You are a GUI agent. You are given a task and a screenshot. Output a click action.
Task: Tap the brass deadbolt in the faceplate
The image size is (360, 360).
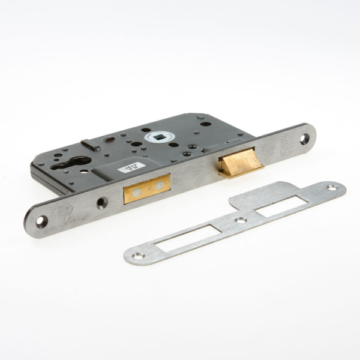tap(146, 189)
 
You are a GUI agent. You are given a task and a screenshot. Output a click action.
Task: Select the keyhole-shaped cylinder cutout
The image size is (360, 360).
tap(73, 163)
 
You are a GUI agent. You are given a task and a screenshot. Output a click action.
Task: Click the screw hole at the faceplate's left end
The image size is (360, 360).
tap(41, 221)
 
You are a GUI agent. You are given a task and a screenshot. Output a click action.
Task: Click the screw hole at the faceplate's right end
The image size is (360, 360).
tap(304, 139)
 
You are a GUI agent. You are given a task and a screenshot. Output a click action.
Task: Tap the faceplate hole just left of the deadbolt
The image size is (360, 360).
tap(102, 202)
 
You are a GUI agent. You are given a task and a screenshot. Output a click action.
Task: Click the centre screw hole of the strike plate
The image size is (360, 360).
tap(241, 221)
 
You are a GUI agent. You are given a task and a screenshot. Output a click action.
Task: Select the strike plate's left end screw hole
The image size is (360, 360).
tap(138, 256)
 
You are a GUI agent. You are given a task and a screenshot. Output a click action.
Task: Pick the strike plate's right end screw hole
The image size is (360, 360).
tap(332, 188)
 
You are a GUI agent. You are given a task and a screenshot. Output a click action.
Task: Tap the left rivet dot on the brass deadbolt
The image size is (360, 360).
tap(137, 192)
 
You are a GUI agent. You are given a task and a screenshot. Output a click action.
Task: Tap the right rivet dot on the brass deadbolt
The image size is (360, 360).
tap(159, 185)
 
